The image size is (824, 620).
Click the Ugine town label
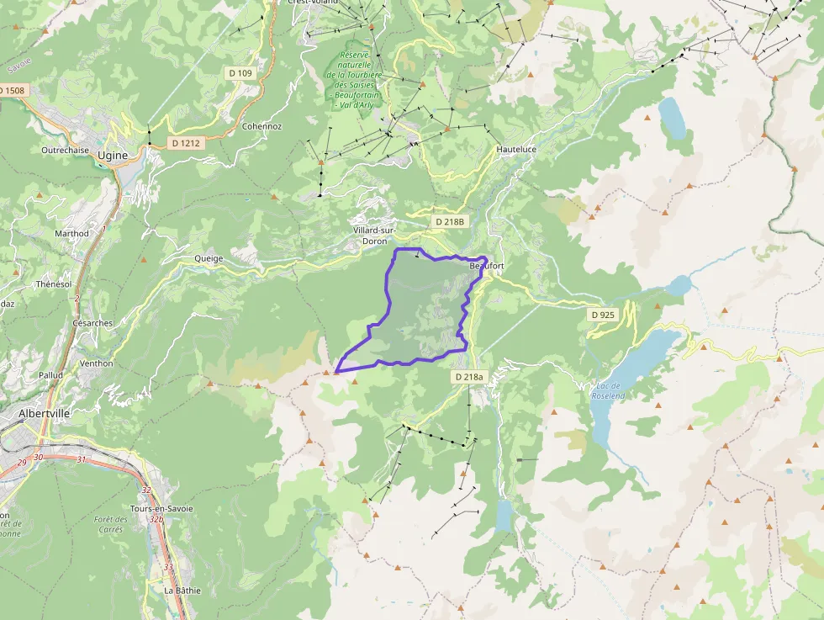point(113,156)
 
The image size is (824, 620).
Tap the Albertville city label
point(45,414)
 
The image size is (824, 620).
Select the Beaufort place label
point(486,267)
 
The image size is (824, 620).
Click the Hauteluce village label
point(516,149)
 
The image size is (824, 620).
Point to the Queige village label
point(209,258)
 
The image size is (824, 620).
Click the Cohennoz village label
point(261,126)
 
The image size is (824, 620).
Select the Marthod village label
point(71,233)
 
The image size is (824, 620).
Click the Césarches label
point(92,322)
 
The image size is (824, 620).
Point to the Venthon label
point(96,363)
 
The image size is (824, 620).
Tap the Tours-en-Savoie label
point(161,509)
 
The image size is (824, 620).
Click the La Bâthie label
point(182,590)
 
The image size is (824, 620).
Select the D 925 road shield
point(603,315)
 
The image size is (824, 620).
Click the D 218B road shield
point(449,221)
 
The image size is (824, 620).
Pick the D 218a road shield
point(470,377)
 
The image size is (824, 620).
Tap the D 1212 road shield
point(185,143)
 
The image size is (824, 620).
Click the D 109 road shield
point(240,73)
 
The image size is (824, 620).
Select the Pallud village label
point(51,374)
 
